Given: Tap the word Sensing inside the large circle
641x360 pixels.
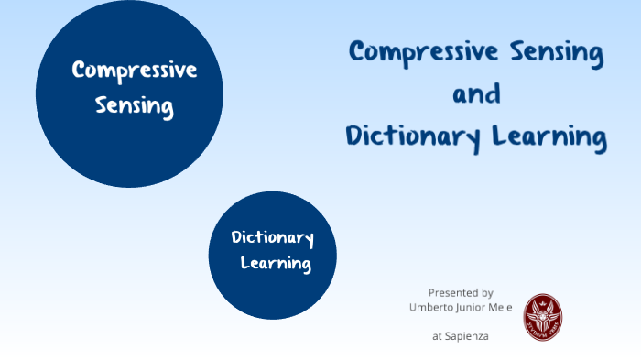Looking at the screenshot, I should pos(135,106).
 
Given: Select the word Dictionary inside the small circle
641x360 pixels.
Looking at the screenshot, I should pos(272,239).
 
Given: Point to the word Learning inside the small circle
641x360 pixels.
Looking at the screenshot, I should pos(276,265).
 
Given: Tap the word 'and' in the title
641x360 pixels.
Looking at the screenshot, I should pos(476,94).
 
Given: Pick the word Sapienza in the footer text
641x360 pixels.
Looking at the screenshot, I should pos(468,336).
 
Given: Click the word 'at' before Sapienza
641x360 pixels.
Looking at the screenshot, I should pos(439,336).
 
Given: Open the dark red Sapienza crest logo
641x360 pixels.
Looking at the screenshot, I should pos(542,314).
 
